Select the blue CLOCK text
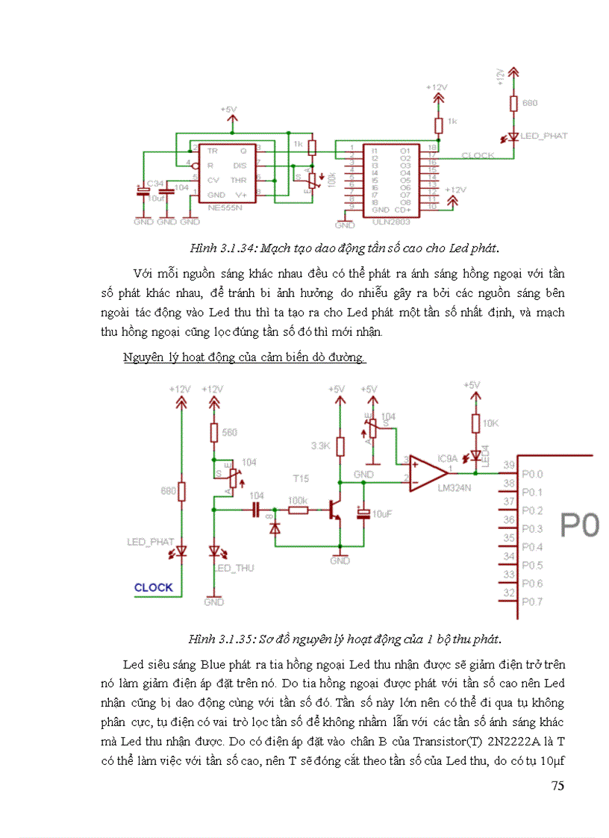pyautogui.click(x=153, y=587)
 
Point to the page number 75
pyautogui.click(x=557, y=786)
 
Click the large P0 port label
pyautogui.click(x=580, y=525)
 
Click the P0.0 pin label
pyautogui.click(x=532, y=474)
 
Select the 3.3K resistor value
pyautogui.click(x=320, y=446)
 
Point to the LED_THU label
pyautogui.click(x=234, y=568)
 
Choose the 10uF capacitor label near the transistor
pyautogui.click(x=383, y=515)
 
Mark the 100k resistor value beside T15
pyautogui.click(x=299, y=499)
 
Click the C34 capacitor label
pyautogui.click(x=154, y=183)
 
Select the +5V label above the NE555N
pyautogui.click(x=228, y=110)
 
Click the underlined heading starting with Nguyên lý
pyautogui.click(x=244, y=357)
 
